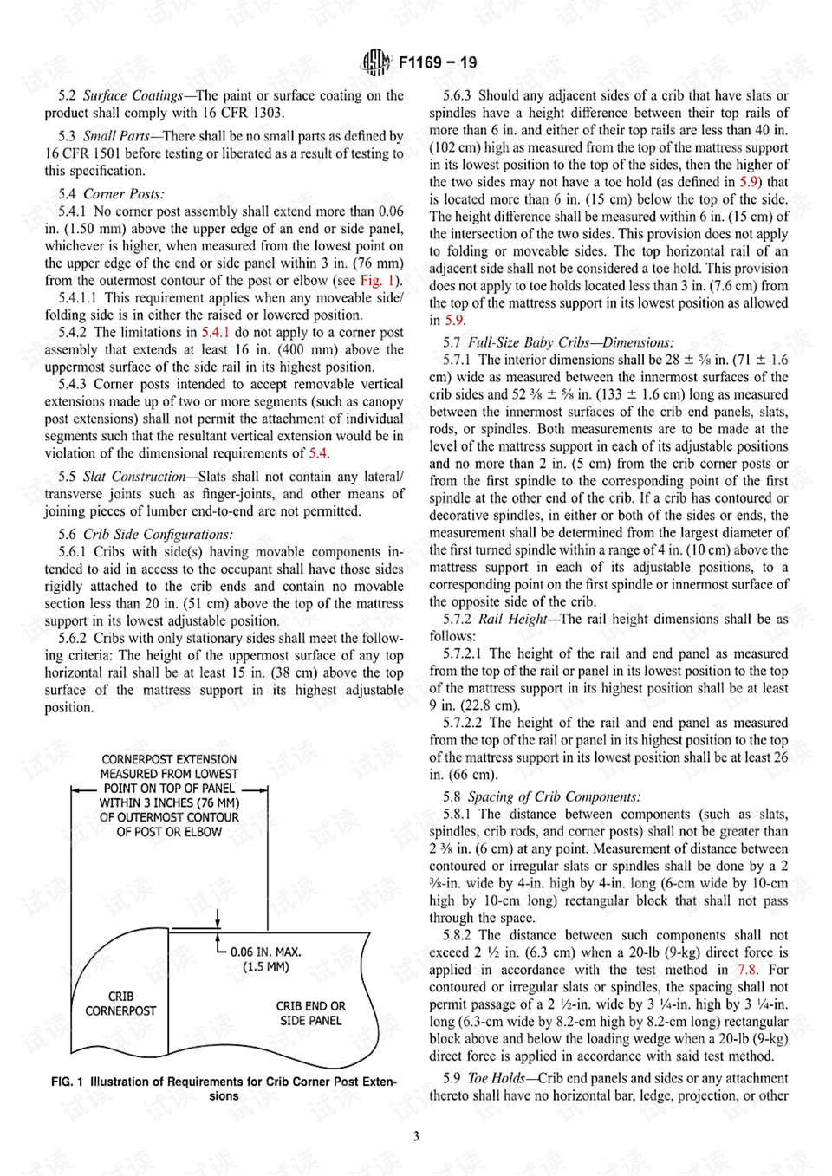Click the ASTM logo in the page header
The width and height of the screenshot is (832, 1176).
coord(376,62)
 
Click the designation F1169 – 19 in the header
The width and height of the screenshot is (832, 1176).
coord(438,62)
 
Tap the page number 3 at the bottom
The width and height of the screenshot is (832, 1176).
coord(416,1136)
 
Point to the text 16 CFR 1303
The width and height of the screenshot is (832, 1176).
coord(243,113)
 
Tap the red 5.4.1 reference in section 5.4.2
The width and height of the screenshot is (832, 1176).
coord(215,333)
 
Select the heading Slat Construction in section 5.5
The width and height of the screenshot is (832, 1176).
coord(134,477)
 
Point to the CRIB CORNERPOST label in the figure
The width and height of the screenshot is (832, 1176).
coord(120,1004)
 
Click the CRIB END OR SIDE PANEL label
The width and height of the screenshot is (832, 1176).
coord(310,1013)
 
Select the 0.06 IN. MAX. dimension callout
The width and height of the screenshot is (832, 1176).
coord(265,952)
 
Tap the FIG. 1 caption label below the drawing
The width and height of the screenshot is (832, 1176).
coord(67,1082)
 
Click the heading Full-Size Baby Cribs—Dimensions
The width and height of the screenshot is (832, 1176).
coord(570,342)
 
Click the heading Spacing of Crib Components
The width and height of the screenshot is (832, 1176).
coord(554,796)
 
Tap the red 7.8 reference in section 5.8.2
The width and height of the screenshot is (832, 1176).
coord(746,970)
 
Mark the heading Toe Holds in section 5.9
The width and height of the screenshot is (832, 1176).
coord(496,1078)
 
